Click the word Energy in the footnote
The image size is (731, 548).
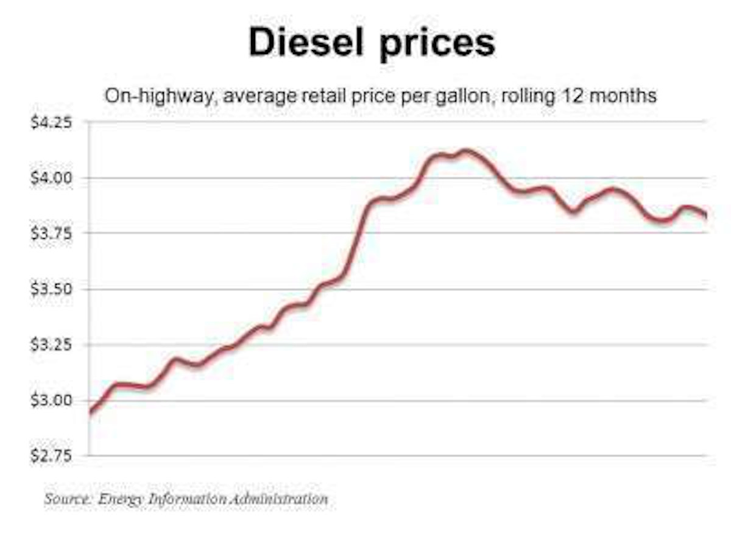tap(121, 500)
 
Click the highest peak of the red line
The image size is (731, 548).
tap(466, 150)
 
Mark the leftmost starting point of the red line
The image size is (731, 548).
tap(91, 413)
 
